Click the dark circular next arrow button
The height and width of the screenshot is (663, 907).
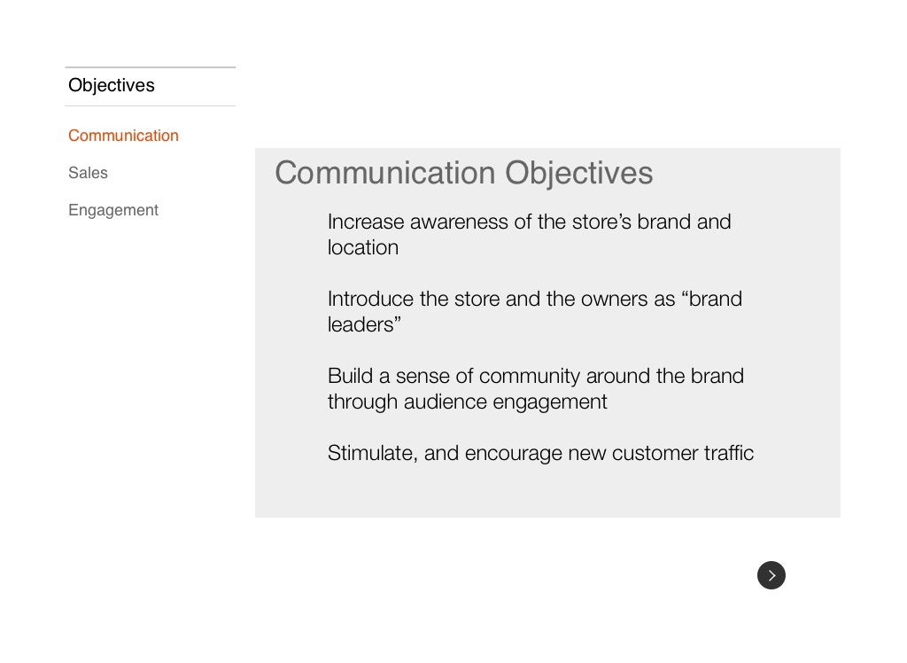click(771, 575)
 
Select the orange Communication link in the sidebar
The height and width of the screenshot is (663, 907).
click(123, 136)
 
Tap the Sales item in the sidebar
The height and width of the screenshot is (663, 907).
click(88, 173)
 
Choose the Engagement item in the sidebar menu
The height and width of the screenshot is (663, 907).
click(113, 210)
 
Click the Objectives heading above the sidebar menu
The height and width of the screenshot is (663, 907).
click(112, 85)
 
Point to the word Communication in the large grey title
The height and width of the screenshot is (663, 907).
click(384, 173)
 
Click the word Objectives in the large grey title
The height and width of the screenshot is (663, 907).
click(579, 174)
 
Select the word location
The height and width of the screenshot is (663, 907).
click(362, 248)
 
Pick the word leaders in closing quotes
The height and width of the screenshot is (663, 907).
click(364, 324)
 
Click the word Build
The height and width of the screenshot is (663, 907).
click(350, 376)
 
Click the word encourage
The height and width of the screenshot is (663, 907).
click(513, 454)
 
